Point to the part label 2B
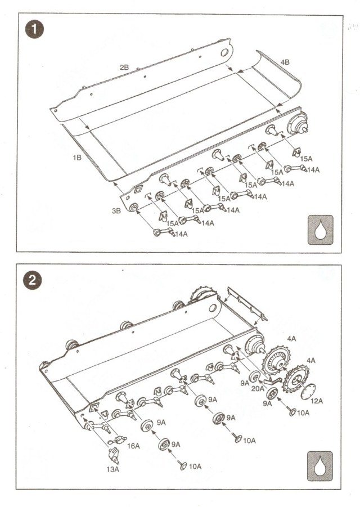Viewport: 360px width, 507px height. [124, 68]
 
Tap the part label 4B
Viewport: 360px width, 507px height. [285, 62]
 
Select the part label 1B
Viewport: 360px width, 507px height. [77, 158]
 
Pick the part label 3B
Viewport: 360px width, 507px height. [116, 212]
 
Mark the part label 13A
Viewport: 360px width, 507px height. [113, 469]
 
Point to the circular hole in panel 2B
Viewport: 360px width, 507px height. [223, 53]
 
